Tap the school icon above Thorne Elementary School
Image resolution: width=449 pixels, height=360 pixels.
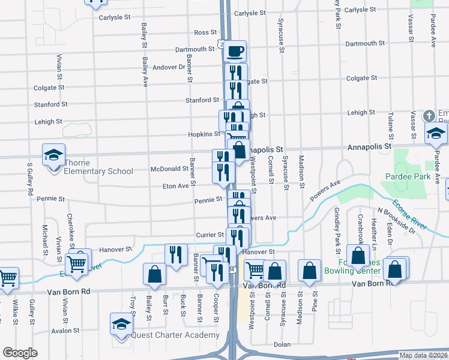pyautogui.click(x=53, y=155)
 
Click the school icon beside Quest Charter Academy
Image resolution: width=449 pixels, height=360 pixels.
pyautogui.click(x=121, y=324)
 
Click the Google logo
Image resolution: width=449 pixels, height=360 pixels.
pyautogui.click(x=20, y=353)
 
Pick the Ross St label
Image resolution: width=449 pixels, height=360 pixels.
pyautogui.click(x=205, y=32)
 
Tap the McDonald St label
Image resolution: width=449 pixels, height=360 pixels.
pyautogui.click(x=165, y=169)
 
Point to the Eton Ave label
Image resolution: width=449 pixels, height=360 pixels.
pyautogui.click(x=176, y=186)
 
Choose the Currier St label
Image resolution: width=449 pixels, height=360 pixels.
pyautogui.click(x=209, y=235)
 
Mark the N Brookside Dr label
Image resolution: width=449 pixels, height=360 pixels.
pyautogui.click(x=396, y=220)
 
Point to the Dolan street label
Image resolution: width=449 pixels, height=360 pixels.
pyautogui.click(x=282, y=344)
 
